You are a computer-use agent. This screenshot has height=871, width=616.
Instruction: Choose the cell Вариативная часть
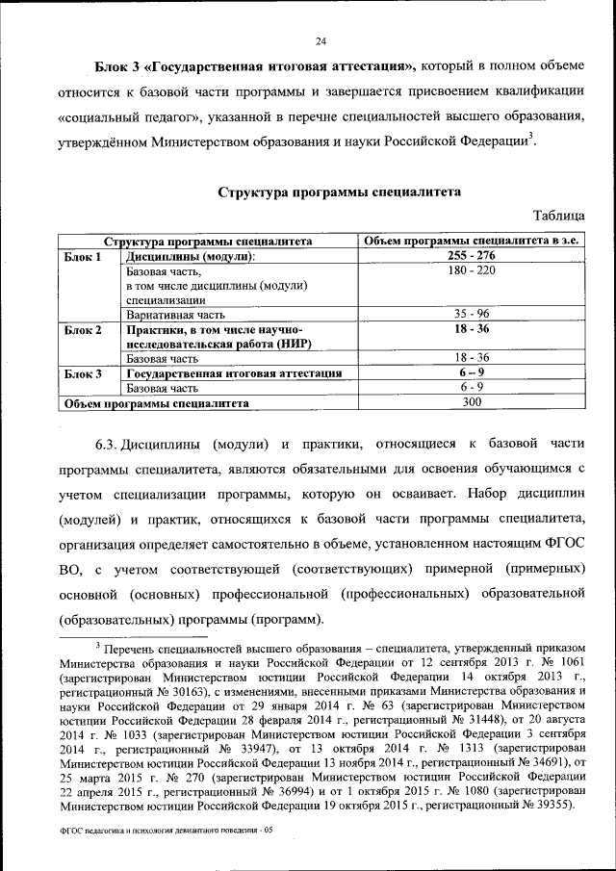175,315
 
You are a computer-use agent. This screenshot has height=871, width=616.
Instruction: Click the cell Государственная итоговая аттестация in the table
235,373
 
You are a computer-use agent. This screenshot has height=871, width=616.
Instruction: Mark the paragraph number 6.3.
106,446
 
